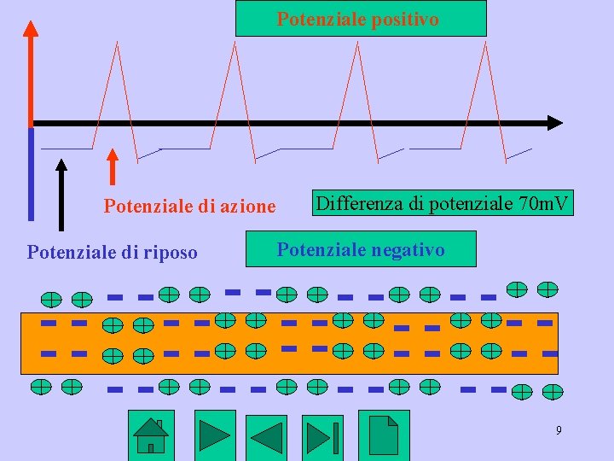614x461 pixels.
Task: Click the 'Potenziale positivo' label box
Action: coord(360,18)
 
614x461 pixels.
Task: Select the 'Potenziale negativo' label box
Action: coord(360,250)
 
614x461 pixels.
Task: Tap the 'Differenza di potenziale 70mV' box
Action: coord(443,204)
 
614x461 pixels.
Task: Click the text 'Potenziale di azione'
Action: coord(189,206)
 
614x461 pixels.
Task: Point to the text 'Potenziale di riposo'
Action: coord(112,252)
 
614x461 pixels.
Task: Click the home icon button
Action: coord(151,435)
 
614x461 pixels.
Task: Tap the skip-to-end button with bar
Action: coord(323,436)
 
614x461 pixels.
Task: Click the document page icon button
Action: coord(383,435)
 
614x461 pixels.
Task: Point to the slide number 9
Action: coord(559,430)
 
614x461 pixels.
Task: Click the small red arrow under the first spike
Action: coord(112,166)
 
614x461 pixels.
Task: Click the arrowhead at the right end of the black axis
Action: coord(555,123)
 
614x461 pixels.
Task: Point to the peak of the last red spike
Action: coord(484,43)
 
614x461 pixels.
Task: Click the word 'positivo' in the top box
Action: coord(406,18)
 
